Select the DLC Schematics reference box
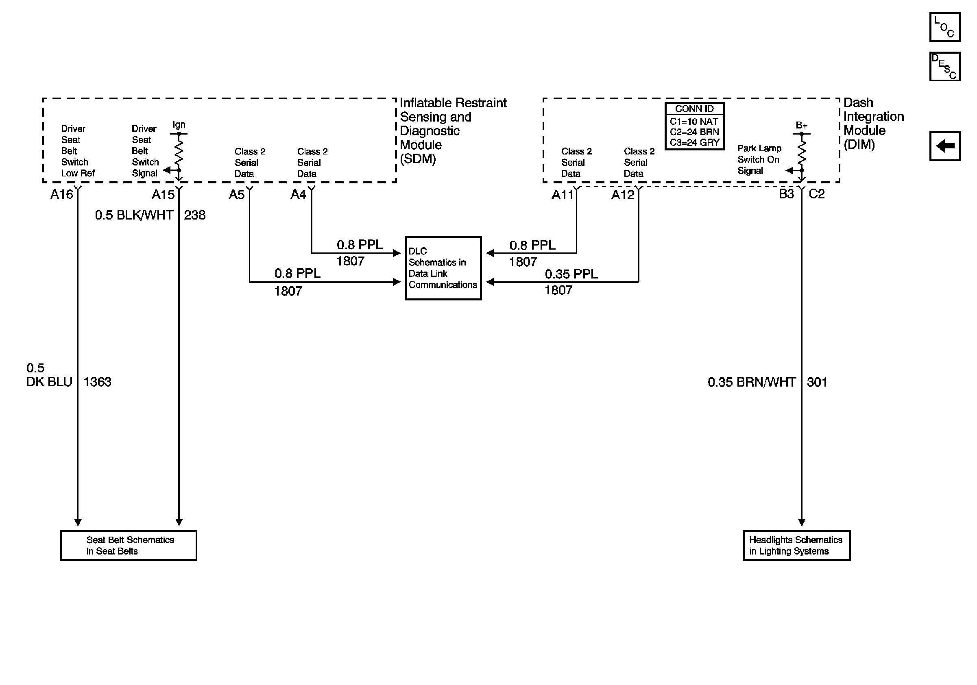(x=443, y=268)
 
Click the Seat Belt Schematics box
(x=128, y=545)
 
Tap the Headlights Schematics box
(x=796, y=545)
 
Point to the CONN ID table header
(x=694, y=109)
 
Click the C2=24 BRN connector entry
(x=694, y=132)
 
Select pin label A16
(x=62, y=194)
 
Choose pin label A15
(x=163, y=195)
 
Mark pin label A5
(x=237, y=195)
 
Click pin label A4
(x=298, y=194)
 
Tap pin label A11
(x=563, y=195)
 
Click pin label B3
(x=786, y=194)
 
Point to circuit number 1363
(x=97, y=382)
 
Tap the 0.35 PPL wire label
(x=571, y=274)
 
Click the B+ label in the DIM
(x=801, y=126)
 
